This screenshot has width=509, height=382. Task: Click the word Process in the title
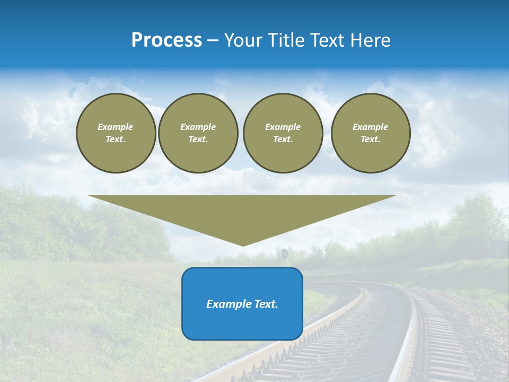coord(166,40)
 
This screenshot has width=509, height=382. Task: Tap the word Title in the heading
coord(284,40)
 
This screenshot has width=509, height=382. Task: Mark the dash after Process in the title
coord(213,41)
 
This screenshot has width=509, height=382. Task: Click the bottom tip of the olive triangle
coord(243,245)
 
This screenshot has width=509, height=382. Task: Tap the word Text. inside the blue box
coord(266,304)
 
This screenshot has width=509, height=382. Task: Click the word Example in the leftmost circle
coord(116,127)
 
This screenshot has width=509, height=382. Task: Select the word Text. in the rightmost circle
coord(371,140)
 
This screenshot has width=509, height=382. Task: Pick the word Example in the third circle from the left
coord(283,127)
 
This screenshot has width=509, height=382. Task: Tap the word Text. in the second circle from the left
coord(198,140)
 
